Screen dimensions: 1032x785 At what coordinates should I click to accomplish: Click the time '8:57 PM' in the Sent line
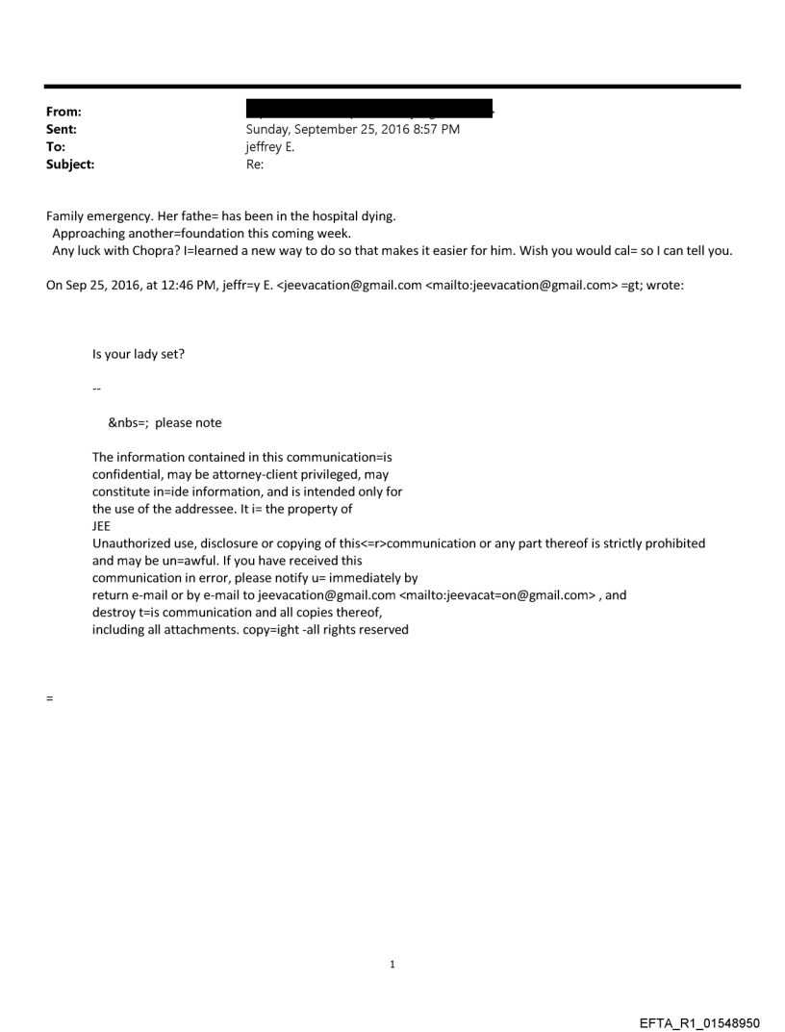click(436, 130)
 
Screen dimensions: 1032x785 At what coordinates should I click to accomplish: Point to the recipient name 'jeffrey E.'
click(273, 147)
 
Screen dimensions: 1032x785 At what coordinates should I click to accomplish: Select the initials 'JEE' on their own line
click(102, 526)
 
